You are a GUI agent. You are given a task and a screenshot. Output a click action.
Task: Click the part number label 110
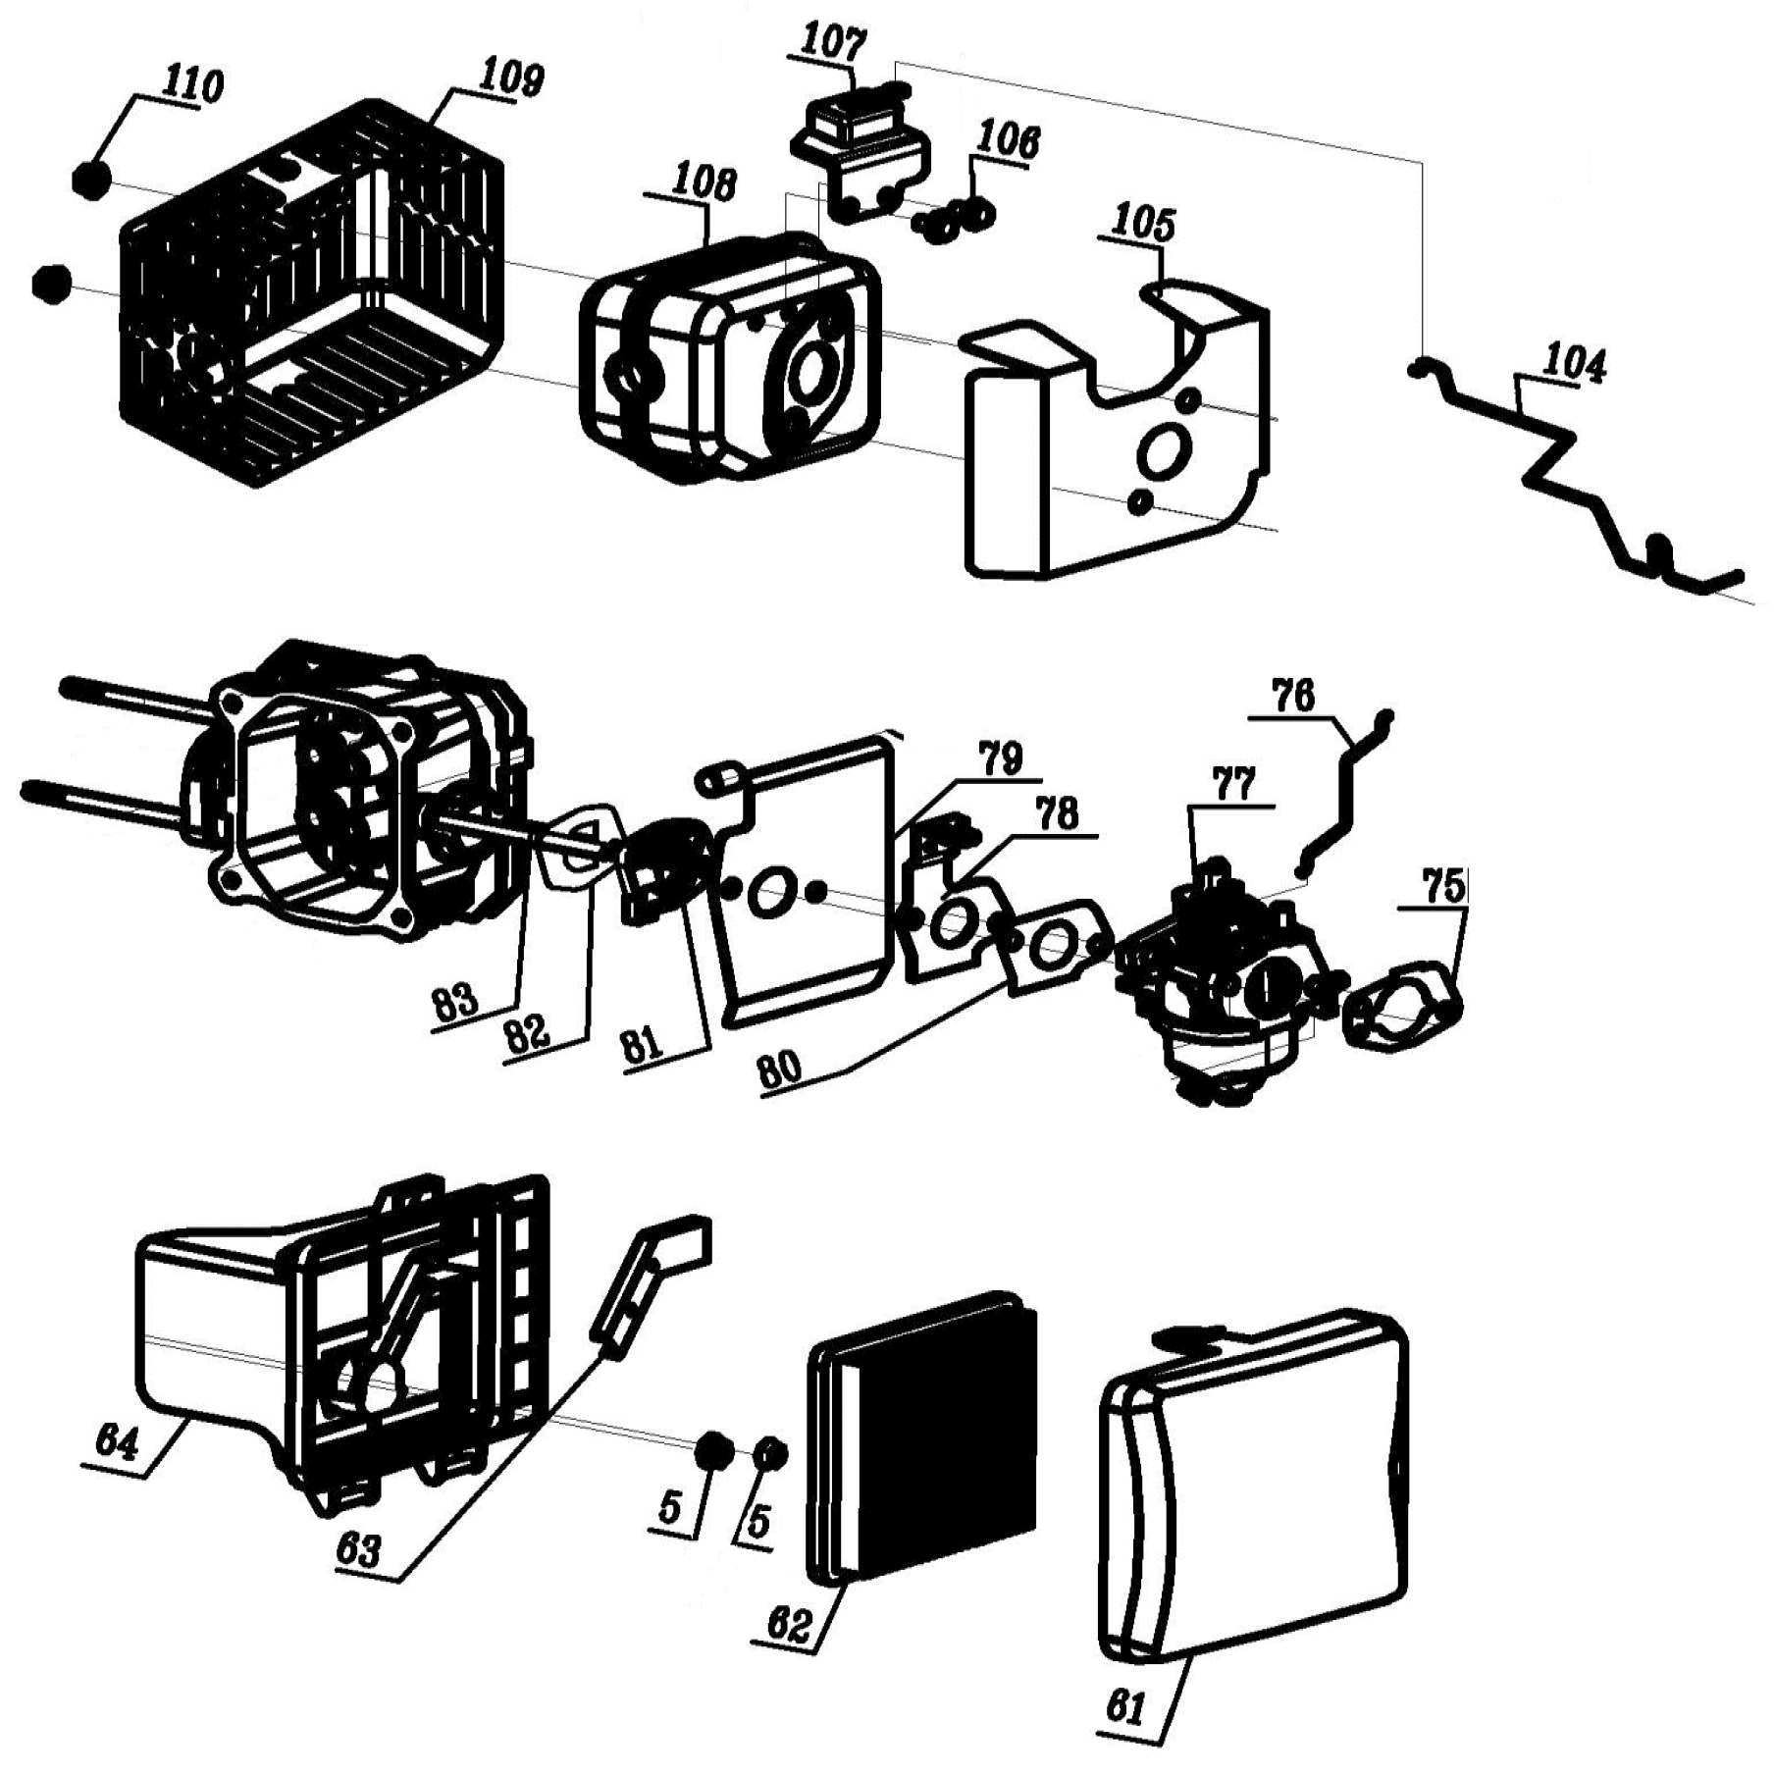(x=193, y=85)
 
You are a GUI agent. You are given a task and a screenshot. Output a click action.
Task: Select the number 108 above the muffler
(x=703, y=183)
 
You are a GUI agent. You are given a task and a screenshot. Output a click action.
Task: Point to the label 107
(x=834, y=45)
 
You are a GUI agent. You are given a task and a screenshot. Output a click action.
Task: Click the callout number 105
(x=1143, y=225)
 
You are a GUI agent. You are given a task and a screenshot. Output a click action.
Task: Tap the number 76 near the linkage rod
(x=1293, y=697)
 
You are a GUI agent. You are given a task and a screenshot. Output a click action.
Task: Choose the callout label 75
(x=1443, y=887)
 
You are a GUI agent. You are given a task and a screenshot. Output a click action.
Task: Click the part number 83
(x=455, y=1003)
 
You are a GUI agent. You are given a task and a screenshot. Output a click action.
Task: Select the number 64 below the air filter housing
(x=117, y=1443)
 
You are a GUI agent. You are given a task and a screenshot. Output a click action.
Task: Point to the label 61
(x=1125, y=1708)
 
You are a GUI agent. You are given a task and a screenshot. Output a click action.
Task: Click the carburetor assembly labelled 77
(x=1226, y=971)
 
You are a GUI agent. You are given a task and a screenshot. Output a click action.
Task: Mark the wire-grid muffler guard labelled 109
(x=314, y=291)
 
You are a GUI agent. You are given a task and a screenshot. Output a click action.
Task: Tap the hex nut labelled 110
(x=90, y=181)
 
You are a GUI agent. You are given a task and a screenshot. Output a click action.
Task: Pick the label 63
(x=358, y=1550)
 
